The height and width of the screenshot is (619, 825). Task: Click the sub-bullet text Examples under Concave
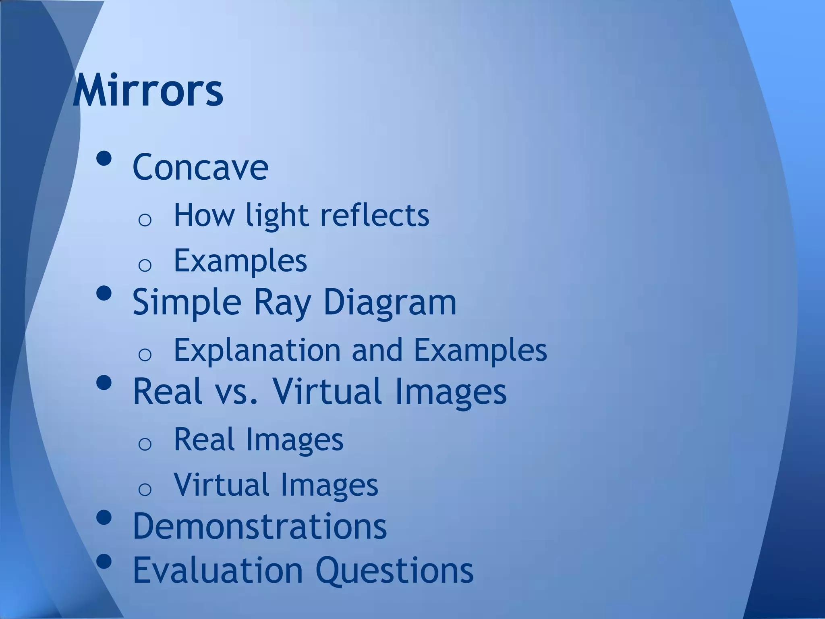point(240,260)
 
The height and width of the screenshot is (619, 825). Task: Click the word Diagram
point(390,302)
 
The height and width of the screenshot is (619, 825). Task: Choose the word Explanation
point(257,349)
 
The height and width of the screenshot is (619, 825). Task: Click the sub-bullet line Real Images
point(258,439)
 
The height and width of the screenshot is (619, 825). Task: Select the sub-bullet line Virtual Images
point(276,484)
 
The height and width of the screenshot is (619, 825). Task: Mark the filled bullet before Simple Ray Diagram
point(104,293)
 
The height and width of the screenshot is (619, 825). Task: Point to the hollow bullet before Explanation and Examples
point(145,354)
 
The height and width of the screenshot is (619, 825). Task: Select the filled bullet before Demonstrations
point(104,518)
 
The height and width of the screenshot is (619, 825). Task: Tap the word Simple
point(187,302)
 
